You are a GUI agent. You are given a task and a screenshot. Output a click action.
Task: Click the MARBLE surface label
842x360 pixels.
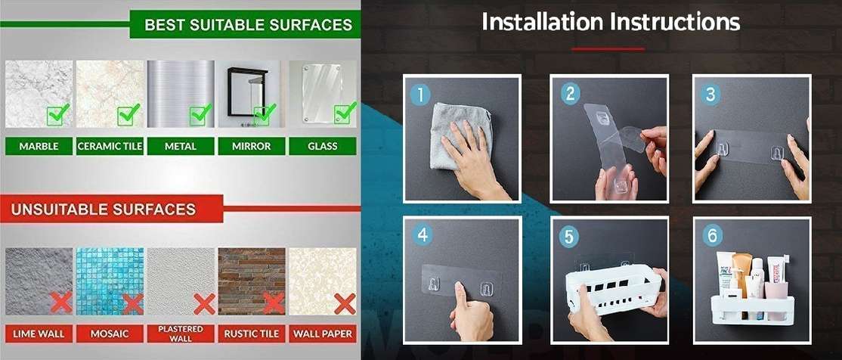39,146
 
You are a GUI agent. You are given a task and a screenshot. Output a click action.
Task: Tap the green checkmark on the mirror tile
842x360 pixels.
262,114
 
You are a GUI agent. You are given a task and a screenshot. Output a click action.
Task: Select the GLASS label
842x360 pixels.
323,146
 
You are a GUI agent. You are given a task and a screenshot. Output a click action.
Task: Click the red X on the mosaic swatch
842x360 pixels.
132,304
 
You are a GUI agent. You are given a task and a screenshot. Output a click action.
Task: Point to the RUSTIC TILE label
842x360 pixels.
251,334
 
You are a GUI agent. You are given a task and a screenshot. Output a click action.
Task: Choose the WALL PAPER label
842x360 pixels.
322,334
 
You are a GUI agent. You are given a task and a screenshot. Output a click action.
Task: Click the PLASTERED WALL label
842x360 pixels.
181,334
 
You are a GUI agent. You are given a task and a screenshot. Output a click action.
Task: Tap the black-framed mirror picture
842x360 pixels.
248,92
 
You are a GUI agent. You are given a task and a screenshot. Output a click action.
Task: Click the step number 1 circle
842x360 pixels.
420,95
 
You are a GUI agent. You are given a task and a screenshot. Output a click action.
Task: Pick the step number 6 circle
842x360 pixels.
712,234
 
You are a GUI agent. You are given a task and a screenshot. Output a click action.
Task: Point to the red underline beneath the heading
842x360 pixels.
608,49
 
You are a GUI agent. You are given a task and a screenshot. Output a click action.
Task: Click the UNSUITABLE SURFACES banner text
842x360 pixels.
104,209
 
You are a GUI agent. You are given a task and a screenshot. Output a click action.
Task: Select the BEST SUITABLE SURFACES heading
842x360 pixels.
248,24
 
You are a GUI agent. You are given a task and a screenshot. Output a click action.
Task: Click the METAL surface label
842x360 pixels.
181,146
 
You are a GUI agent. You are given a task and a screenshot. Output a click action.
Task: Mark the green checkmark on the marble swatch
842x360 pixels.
58,114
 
